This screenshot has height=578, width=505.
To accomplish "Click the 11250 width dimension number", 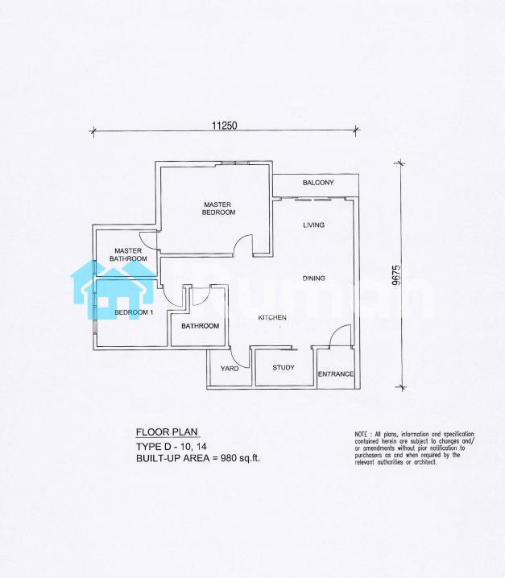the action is point(224,126).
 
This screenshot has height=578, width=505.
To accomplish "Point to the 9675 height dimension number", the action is point(396,275).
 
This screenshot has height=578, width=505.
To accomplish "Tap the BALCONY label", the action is point(318,183).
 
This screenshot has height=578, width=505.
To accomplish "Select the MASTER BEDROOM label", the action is point(219,208).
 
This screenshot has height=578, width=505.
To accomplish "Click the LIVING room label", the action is point(314,225).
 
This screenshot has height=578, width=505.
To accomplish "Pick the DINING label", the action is point(314,279).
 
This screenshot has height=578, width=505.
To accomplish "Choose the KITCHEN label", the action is point(272,317).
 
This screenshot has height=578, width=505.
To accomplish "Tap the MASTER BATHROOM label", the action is point(128,254).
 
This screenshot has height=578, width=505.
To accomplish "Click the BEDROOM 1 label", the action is point(134,312).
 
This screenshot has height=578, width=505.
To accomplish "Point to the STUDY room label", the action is point(284,368).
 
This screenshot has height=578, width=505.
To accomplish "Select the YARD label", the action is point(230,368).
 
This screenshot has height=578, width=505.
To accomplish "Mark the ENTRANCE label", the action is point(336,374).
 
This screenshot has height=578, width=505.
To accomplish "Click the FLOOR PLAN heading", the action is point(167,432).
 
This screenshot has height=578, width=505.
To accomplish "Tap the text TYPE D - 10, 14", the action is point(172,447).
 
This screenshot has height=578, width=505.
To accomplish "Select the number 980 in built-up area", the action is point(228,458).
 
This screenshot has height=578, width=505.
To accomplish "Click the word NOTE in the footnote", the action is point(361,434).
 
